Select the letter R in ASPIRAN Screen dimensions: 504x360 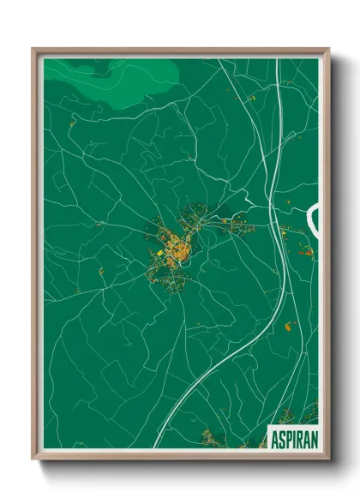pos(303,439)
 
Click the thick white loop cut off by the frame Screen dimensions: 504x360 pos(313,219)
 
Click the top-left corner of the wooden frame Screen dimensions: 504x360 pos(33,49)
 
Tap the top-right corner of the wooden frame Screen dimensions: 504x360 pos(328,49)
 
